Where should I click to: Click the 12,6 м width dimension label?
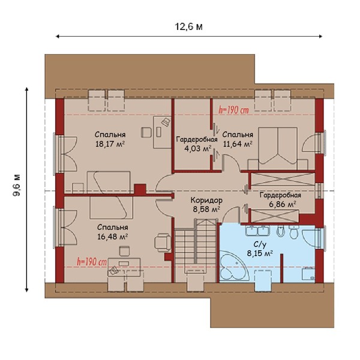(189, 27)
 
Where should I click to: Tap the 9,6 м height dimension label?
(17, 185)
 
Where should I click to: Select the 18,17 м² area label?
(110, 144)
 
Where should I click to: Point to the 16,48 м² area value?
(113, 236)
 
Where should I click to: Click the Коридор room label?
(206, 200)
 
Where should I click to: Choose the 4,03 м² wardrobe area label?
(197, 149)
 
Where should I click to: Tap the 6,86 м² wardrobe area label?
(283, 204)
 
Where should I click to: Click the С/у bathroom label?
(260, 245)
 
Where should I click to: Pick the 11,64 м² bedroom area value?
(238, 144)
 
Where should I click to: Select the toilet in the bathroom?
(293, 232)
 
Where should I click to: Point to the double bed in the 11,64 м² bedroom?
(278, 149)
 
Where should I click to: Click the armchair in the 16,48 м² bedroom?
(163, 242)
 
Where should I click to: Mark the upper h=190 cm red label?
(234, 110)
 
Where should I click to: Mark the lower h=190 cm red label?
(91, 262)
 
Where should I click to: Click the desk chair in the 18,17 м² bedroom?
(146, 133)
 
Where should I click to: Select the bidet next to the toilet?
(280, 231)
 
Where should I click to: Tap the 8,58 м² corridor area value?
(206, 209)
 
